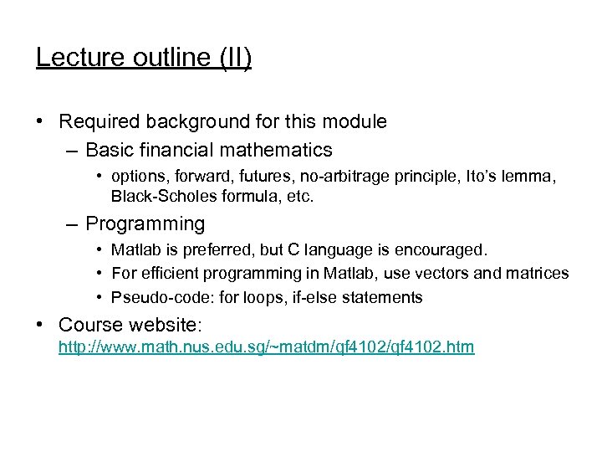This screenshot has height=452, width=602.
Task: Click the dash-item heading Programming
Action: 145,223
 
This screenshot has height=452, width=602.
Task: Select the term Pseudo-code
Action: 154,297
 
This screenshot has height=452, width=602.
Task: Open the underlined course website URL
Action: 266,347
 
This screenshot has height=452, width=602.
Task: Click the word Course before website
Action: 93,324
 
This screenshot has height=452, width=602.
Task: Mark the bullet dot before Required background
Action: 41,122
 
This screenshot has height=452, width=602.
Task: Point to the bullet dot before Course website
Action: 41,325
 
